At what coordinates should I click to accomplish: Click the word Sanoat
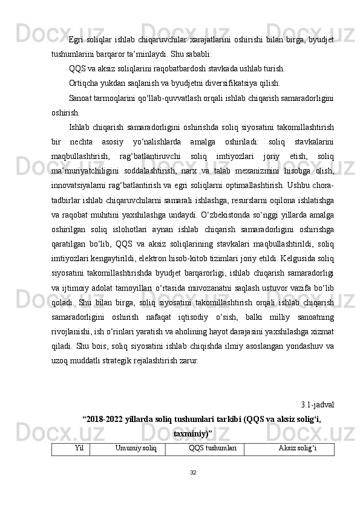[x=81, y=98]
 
